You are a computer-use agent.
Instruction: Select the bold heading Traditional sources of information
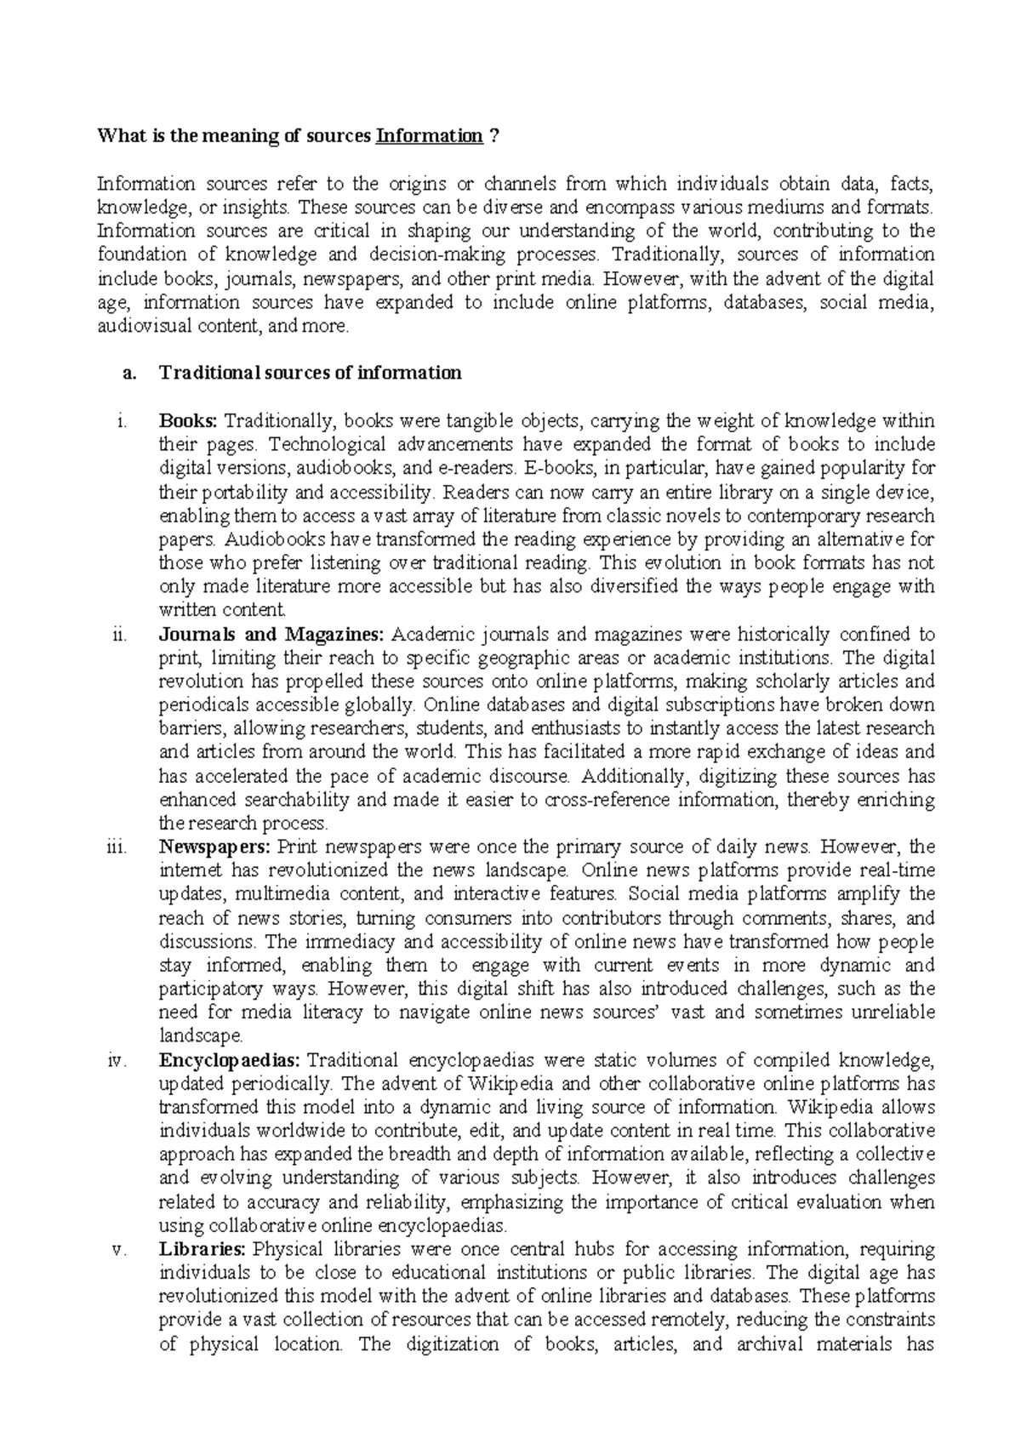[x=311, y=373]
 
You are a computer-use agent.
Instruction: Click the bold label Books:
[x=189, y=420]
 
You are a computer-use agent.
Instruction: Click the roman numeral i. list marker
[x=122, y=420]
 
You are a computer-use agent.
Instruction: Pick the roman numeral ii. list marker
[x=119, y=634]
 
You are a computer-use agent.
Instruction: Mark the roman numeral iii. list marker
[x=117, y=847]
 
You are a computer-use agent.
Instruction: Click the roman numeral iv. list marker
[x=117, y=1060]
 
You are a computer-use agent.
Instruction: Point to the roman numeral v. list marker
[x=119, y=1250]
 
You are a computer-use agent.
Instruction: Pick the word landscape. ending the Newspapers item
[x=201, y=1036]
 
